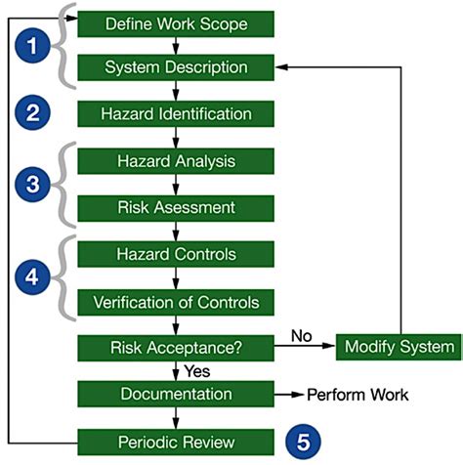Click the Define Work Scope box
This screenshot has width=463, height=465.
tap(176, 21)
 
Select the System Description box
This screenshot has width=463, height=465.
tap(176, 67)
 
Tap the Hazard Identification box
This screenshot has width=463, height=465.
tap(176, 113)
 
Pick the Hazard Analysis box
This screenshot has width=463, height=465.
tap(176, 160)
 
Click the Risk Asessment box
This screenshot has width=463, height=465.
tap(176, 206)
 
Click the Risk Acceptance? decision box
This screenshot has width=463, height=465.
tap(176, 346)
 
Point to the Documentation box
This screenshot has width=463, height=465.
tap(176, 394)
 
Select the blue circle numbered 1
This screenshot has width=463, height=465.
tap(32, 45)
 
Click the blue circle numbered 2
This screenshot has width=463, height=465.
tap(32, 113)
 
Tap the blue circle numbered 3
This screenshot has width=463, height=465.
tap(32, 183)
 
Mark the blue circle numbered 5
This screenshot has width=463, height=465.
tap(305, 440)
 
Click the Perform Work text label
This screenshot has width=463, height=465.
tap(358, 394)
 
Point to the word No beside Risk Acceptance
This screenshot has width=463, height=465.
tap(300, 335)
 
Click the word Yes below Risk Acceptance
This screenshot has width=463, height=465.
tap(197, 370)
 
